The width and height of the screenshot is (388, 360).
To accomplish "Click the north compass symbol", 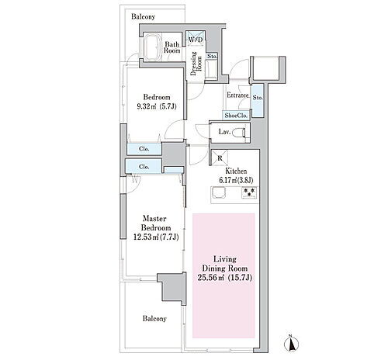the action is pos(292,344).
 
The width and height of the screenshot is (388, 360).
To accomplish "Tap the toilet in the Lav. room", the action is pos(239,133).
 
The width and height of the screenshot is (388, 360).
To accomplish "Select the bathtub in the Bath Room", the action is pos(151,47).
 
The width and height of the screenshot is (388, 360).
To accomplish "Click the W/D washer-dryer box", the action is pos(196,39).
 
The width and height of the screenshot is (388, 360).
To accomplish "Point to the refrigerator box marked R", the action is pos(220,157).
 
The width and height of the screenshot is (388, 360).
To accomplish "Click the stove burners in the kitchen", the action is pos(249,192).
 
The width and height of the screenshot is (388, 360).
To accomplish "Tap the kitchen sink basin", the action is pos(219,192).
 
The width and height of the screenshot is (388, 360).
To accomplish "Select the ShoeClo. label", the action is pos(236,116).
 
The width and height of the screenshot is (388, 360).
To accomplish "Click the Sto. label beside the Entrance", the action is pos(258,98).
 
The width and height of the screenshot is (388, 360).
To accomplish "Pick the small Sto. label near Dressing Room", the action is pos(212,56).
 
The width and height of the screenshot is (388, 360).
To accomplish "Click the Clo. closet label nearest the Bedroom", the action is pos(144,149).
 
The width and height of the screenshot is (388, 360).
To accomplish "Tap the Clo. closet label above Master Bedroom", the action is pos(144,167).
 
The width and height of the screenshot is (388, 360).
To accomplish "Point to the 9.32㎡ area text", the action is pos(147,106).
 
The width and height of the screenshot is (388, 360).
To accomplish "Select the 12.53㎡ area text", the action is pos(147,237).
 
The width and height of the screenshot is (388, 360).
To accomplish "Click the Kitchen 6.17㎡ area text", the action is pos(229,180).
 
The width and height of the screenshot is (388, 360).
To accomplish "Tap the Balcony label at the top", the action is pos(143,17).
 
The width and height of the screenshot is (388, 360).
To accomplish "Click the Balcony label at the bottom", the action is pos(154,319).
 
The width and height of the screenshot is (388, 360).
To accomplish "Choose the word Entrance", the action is pos(238,95).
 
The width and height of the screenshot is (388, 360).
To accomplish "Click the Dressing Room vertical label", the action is pos(196,64).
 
